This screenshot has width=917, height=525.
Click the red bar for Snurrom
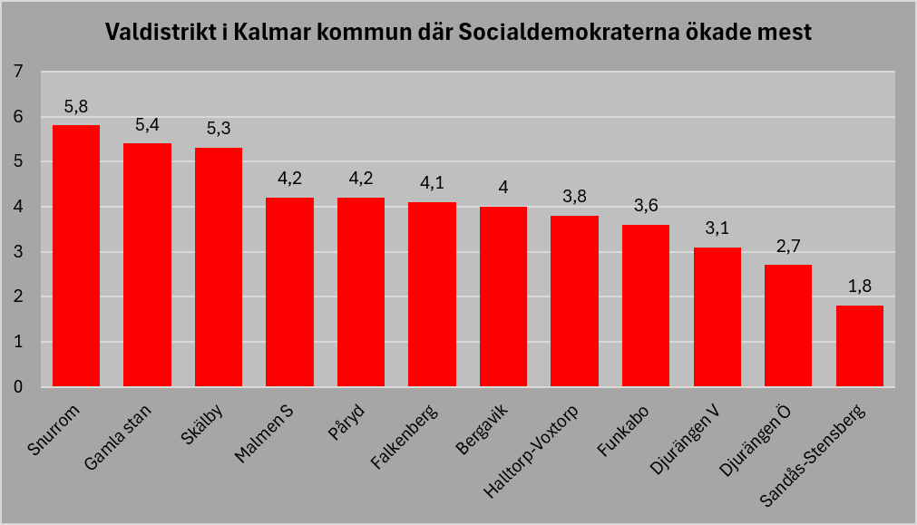tap(76, 256)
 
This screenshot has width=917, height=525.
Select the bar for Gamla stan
tap(147, 265)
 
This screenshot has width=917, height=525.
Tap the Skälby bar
tap(219, 267)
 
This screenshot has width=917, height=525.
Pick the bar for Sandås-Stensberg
tap(860, 346)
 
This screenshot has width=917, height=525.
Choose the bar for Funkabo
tap(646, 306)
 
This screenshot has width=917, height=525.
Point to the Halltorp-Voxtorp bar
tap(574, 301)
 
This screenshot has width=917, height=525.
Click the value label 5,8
tap(76, 106)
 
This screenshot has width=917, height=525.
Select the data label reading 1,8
tap(860, 286)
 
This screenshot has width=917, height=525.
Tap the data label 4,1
tap(432, 183)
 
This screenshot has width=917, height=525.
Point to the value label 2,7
tap(788, 246)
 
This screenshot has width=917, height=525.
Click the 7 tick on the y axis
tap(18, 72)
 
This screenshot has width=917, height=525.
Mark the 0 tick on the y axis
tap(18, 386)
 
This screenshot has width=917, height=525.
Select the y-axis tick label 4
tap(18, 207)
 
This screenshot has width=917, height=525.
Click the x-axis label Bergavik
tap(482, 429)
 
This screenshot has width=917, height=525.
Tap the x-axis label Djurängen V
tap(684, 439)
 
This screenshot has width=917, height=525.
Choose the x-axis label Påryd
tap(346, 422)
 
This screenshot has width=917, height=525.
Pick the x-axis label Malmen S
tap(263, 433)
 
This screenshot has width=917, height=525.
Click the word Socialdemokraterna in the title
tap(569, 32)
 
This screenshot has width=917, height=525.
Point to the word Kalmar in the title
tap(272, 32)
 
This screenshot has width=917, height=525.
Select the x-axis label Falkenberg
tap(404, 436)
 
